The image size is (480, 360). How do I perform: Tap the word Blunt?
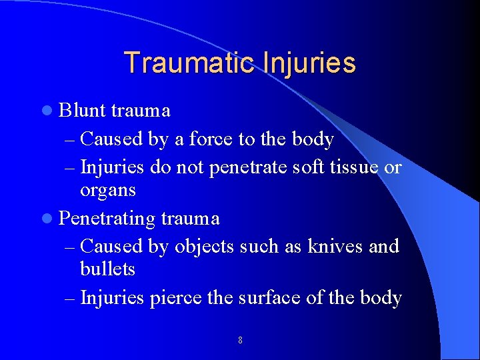point(83,111)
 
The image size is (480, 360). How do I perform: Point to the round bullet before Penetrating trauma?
point(51,219)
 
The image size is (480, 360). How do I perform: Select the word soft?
point(309,167)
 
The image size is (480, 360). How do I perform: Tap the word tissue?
point(354,167)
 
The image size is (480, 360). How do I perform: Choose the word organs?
point(107,191)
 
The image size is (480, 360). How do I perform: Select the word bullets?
point(107,269)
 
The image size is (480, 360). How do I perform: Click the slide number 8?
point(240,341)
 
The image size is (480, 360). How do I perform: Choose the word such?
point(254,246)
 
